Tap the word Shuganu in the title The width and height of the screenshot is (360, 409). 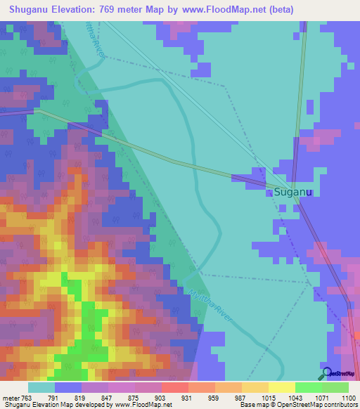[31, 9]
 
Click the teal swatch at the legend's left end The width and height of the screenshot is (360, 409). [41, 387]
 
